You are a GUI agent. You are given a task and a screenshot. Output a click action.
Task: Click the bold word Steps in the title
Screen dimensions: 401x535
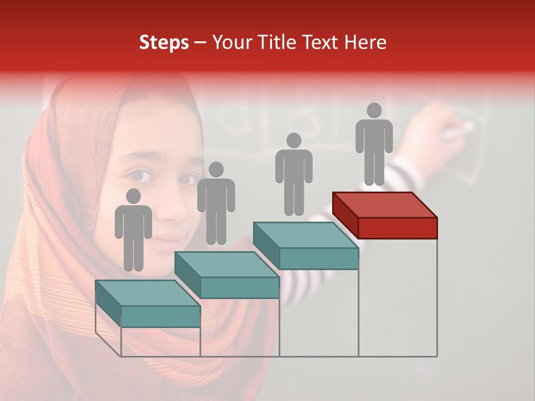click(164, 42)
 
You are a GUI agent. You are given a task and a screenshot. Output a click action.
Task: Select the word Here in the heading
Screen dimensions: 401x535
click(365, 42)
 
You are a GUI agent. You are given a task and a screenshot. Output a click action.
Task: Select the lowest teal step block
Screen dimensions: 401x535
click(148, 304)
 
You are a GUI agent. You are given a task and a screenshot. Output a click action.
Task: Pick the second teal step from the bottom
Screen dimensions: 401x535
click(227, 275)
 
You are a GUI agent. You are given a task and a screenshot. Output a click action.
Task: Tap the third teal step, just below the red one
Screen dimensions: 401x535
click(305, 246)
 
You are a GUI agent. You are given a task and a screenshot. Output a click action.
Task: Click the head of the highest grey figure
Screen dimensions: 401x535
click(374, 111)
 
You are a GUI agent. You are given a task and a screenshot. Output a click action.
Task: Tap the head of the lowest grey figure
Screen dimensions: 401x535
click(133, 196)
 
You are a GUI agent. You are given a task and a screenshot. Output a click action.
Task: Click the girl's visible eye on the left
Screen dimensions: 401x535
click(141, 177)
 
